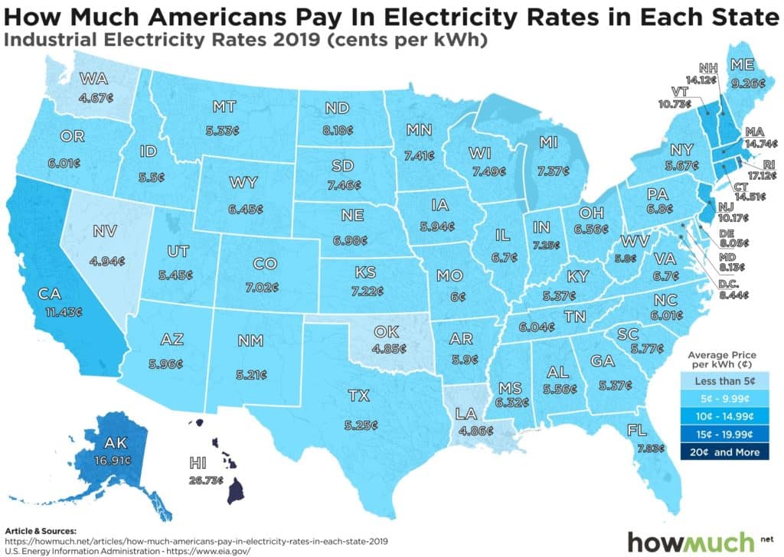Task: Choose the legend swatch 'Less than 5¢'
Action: [x=722, y=382]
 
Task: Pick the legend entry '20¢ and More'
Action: [x=722, y=452]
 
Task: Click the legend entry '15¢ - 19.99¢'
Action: [x=722, y=435]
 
